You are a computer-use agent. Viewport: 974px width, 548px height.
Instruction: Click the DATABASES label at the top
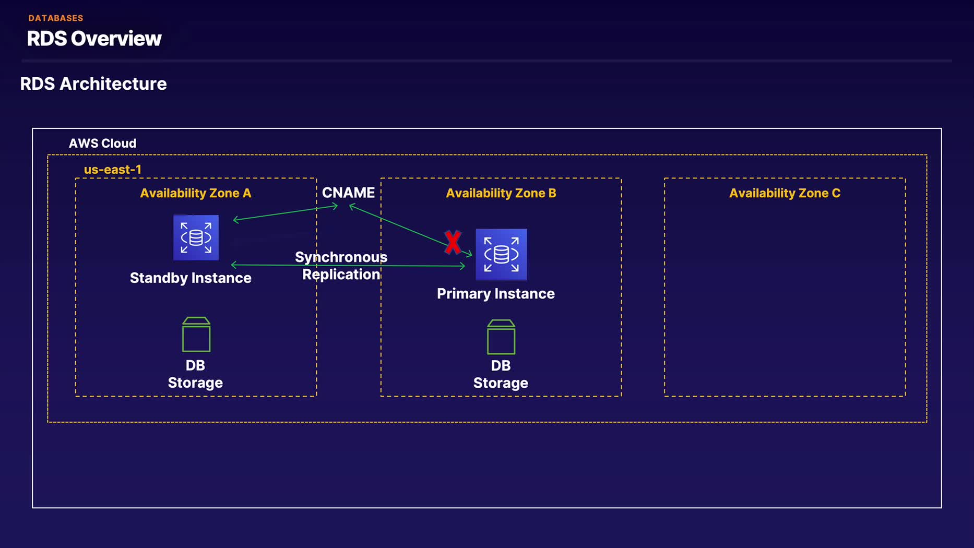tap(56, 18)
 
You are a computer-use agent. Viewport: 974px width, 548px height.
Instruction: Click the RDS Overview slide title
tap(94, 39)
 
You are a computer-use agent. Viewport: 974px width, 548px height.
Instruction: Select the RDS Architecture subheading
tap(93, 84)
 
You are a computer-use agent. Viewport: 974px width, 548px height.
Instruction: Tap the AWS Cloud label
tap(102, 144)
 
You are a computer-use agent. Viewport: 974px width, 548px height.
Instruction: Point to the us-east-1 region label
tap(113, 170)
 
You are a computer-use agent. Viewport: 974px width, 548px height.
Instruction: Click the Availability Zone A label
tap(196, 193)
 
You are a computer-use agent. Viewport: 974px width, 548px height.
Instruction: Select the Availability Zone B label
tap(501, 193)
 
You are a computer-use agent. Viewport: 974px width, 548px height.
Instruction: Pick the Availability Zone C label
tap(785, 193)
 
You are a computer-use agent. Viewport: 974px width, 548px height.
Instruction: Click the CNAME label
tap(348, 193)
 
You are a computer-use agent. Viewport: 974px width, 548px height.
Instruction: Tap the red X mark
tap(453, 242)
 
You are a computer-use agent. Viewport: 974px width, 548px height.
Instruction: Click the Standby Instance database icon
tap(196, 237)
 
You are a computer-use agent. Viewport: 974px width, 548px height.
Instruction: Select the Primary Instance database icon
tap(501, 255)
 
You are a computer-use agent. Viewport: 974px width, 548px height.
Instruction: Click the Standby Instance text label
tap(191, 278)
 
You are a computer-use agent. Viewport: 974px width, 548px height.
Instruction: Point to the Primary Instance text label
tap(496, 294)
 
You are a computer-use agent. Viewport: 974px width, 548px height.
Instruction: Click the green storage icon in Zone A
tap(196, 335)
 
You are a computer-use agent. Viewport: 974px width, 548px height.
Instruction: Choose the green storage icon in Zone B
tap(501, 337)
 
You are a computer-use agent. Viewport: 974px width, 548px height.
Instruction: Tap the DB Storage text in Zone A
tap(195, 374)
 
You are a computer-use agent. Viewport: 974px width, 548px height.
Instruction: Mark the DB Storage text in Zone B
tap(501, 374)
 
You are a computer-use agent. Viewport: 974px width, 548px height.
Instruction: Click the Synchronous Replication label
tap(341, 266)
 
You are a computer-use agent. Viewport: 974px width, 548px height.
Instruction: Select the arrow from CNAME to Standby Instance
tap(286, 213)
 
